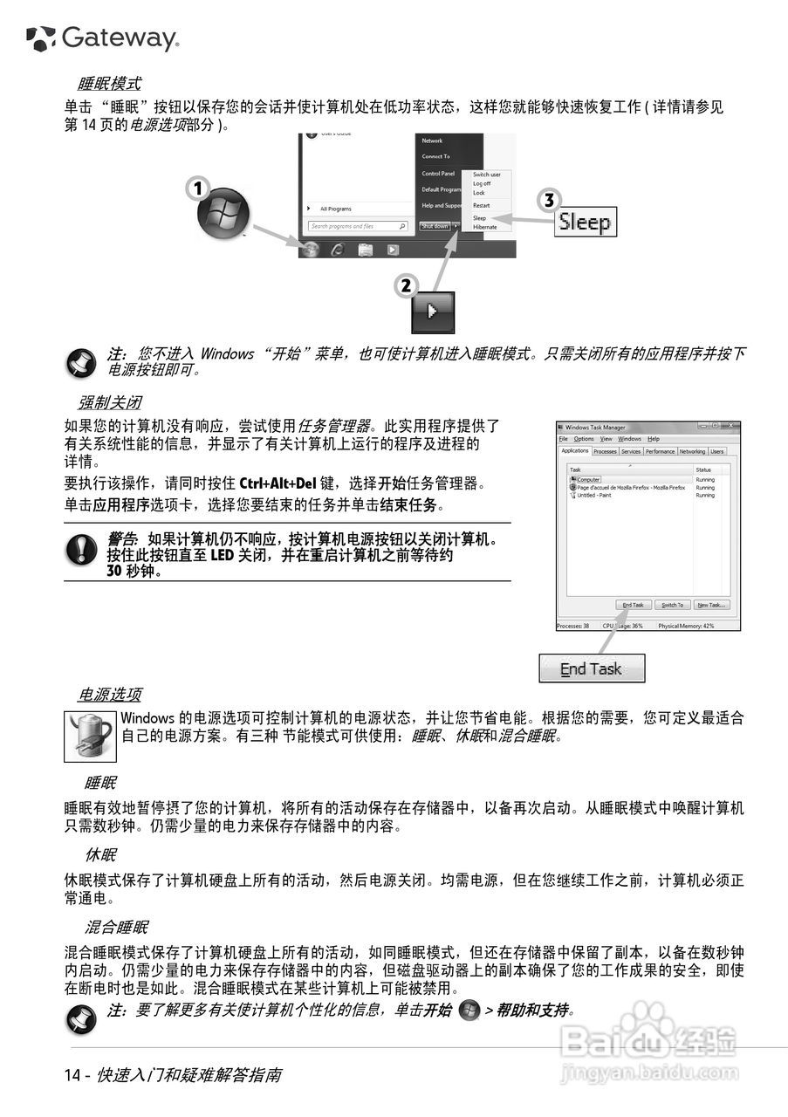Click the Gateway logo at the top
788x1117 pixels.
[x=103, y=38]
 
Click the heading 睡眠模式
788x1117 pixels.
[x=109, y=85]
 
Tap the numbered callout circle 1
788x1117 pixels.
[x=198, y=187]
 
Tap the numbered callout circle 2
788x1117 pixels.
[x=405, y=284]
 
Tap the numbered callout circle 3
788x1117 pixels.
[x=548, y=200]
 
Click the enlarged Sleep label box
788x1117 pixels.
[x=586, y=222]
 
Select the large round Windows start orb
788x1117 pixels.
[x=223, y=214]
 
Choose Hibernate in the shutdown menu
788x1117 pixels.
[x=484, y=227]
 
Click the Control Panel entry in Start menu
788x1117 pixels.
[x=438, y=174]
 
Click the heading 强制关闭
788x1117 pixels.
[x=109, y=403]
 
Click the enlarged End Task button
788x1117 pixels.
[x=592, y=669]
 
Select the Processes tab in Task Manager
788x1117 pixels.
[x=605, y=451]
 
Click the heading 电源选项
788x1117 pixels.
[x=109, y=695]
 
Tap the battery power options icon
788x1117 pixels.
[x=90, y=736]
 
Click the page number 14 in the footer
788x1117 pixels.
[x=72, y=1075]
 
